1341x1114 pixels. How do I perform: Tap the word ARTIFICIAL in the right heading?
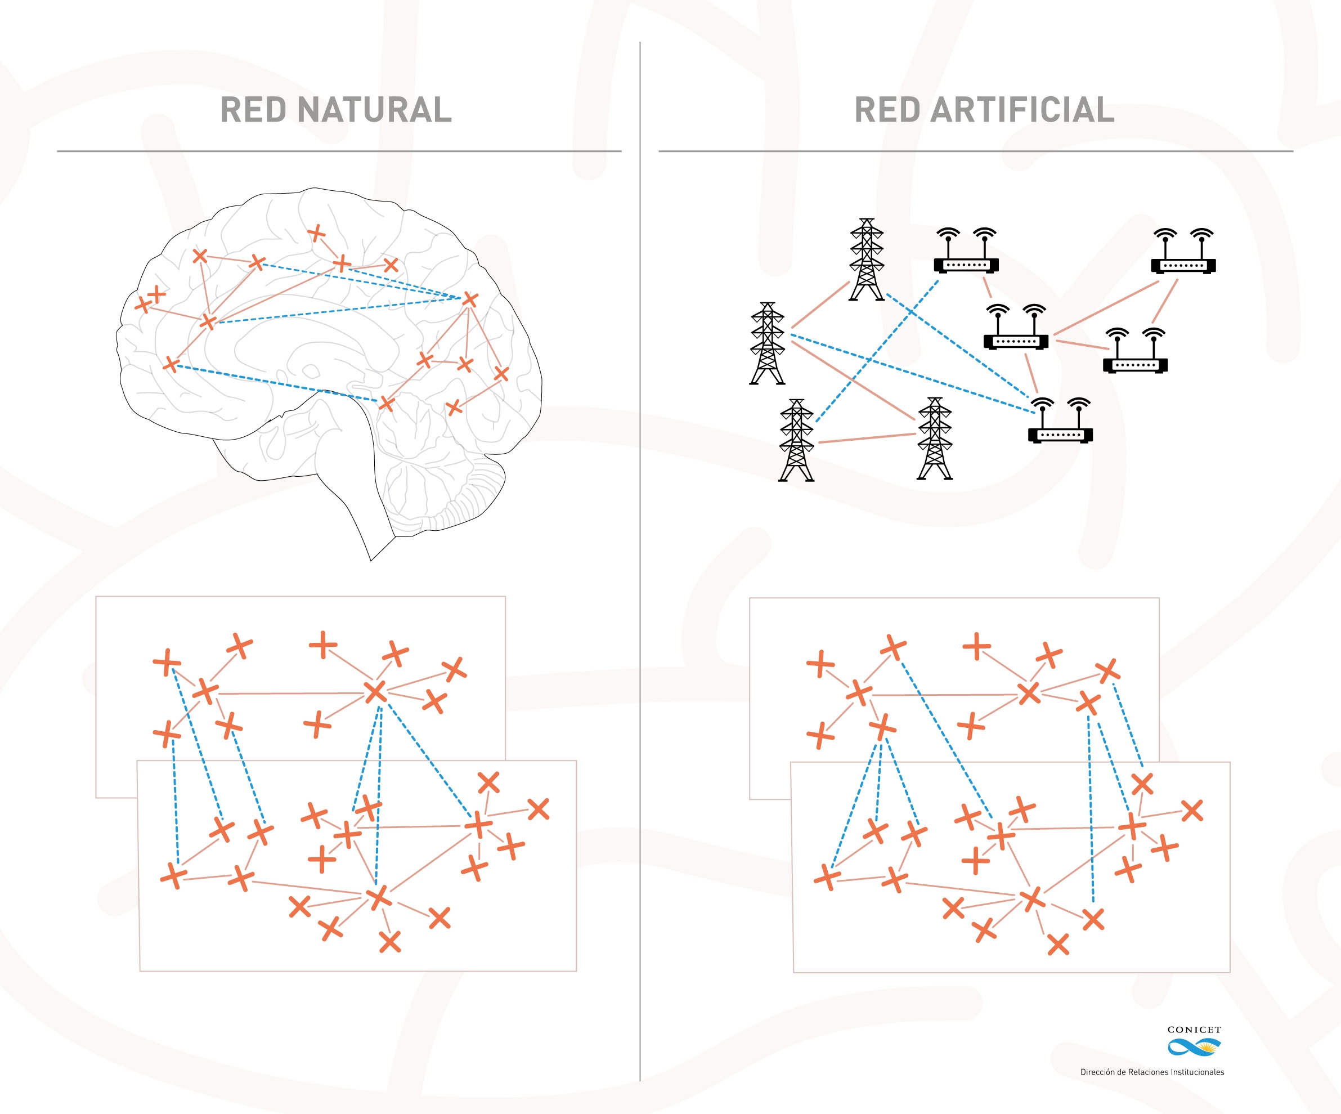(x=1022, y=110)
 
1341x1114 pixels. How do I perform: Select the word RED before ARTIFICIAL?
(x=888, y=110)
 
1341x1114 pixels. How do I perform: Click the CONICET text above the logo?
(x=1194, y=1030)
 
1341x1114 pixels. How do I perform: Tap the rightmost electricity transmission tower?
(x=935, y=439)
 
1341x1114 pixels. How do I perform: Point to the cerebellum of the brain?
(x=441, y=485)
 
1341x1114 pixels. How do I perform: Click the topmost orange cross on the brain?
(x=316, y=233)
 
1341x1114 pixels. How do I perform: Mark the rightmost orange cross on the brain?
(x=501, y=374)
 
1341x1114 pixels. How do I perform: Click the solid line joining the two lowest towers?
(x=867, y=438)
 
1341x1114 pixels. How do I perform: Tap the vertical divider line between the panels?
(x=640, y=575)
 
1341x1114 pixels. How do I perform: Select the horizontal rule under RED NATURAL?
(x=338, y=151)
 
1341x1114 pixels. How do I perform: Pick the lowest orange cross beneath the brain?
(x=389, y=942)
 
